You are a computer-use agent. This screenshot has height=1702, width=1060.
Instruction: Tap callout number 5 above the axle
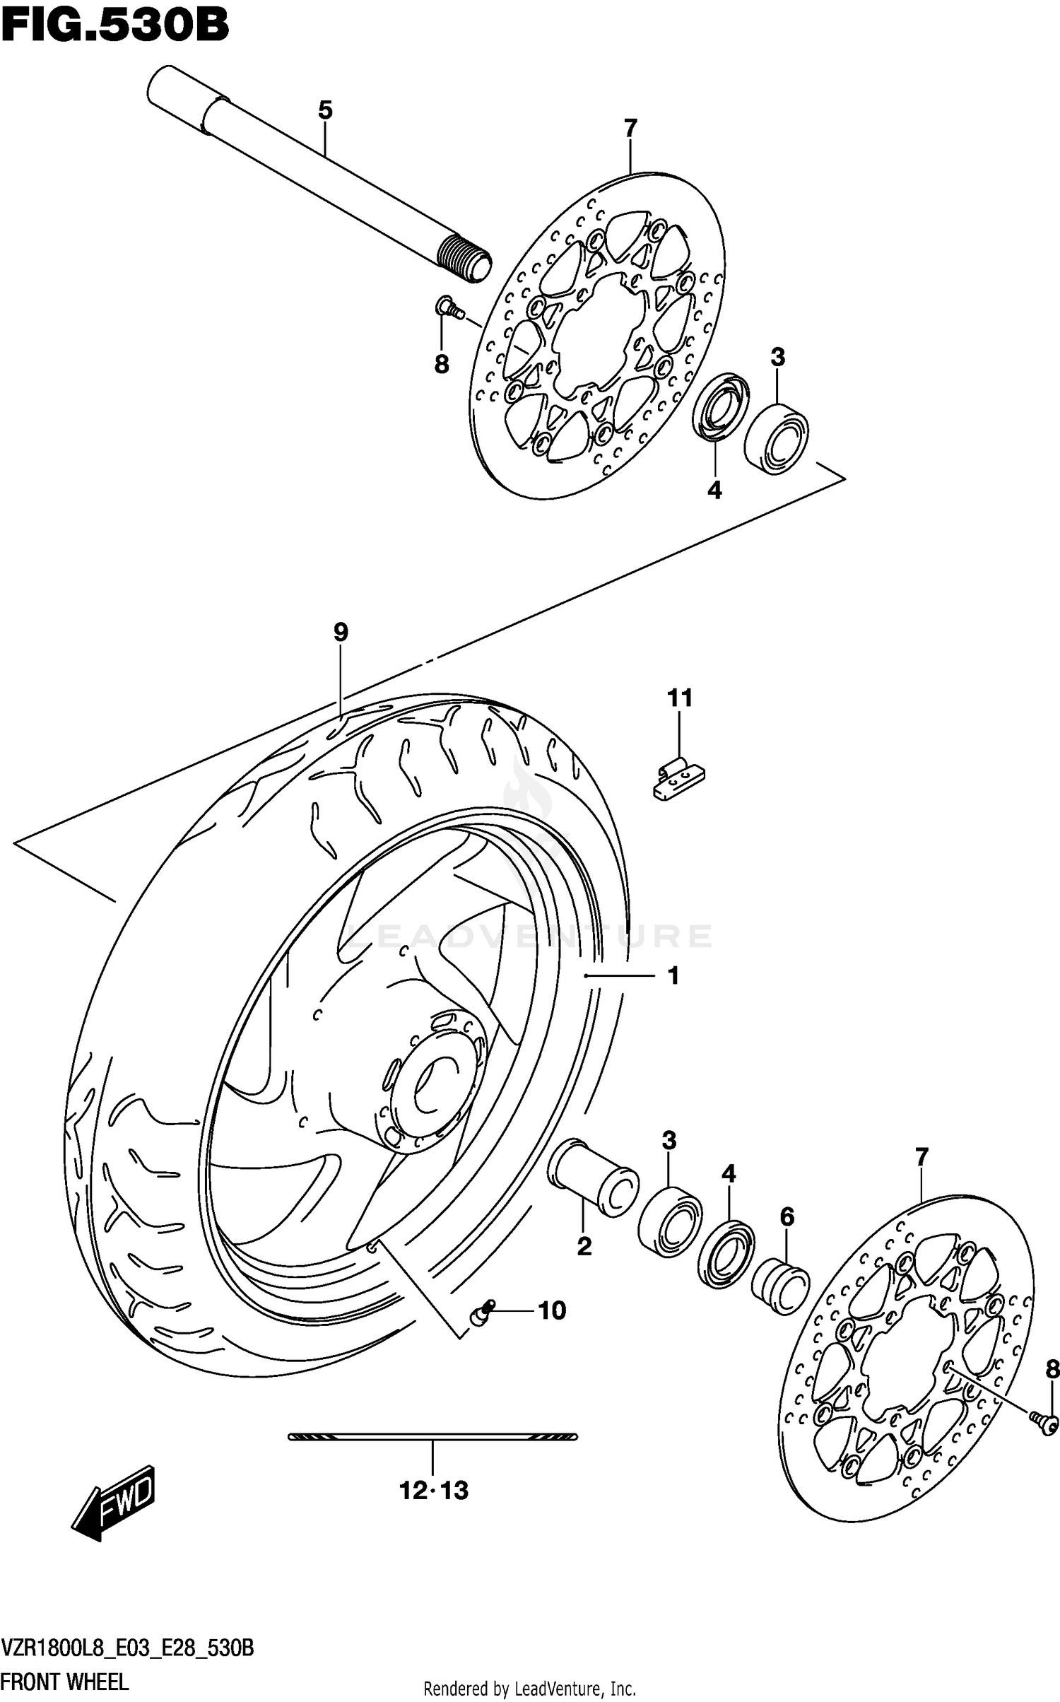click(x=324, y=110)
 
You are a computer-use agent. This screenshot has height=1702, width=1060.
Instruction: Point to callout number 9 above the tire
click(x=341, y=631)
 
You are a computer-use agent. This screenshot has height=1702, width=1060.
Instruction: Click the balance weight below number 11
click(x=678, y=780)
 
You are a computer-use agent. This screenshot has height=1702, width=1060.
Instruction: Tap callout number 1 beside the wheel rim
click(x=673, y=975)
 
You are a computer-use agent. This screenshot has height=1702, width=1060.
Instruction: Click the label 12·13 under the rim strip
click(x=433, y=1491)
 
